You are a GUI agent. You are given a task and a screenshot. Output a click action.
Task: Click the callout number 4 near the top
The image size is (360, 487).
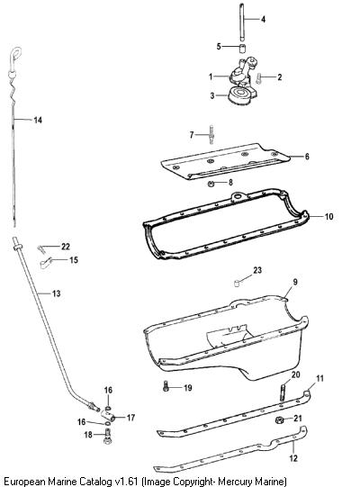coord(263,19)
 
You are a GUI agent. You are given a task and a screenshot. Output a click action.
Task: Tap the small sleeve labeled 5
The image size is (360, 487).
coord(242,48)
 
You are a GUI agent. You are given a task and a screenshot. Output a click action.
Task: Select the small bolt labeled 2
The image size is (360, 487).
coord(259,78)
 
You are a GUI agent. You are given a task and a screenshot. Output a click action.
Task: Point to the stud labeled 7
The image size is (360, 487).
coord(211,134)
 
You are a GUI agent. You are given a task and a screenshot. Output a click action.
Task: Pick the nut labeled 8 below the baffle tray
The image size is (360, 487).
coord(211,184)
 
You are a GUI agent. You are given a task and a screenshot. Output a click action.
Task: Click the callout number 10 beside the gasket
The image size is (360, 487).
coord(328,216)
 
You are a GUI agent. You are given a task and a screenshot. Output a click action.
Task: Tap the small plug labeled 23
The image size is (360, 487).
coord(237,284)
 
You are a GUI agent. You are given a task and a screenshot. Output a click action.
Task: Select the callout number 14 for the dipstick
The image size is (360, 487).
coord(38,120)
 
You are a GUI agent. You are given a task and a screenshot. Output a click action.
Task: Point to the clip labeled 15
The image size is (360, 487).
coord(45,264)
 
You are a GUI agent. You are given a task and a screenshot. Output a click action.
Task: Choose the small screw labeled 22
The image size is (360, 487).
coord(40,248)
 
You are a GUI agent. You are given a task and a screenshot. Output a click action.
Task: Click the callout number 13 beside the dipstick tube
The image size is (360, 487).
coord(56,293)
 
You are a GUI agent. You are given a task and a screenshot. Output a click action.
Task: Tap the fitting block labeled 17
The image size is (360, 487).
coord(107,416)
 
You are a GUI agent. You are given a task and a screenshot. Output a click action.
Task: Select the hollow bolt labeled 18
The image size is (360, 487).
coord(108,436)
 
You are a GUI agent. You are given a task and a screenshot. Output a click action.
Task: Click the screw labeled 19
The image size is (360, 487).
coord(166,386)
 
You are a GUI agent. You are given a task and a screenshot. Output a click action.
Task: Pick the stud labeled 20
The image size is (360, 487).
coord(283,393)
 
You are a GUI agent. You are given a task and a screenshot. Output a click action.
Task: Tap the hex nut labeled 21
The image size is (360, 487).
coord(280,419)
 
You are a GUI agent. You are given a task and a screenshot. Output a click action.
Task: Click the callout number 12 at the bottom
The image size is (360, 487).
coord(293,458)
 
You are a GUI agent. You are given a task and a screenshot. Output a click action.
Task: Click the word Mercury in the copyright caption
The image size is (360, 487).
coord(235,482)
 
